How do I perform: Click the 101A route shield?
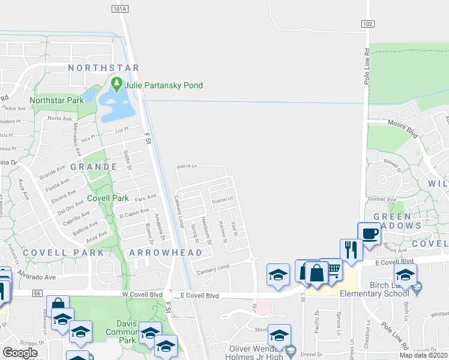[120, 9]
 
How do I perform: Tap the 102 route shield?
[368, 23]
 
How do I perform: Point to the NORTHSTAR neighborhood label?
[103, 68]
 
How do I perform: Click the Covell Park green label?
[108, 198]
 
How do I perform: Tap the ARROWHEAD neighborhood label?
[165, 253]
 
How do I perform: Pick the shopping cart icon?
[331, 270]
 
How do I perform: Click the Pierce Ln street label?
[187, 166]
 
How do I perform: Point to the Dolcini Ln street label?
[222, 199]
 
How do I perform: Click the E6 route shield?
[37, 293]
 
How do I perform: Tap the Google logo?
[20, 352]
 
